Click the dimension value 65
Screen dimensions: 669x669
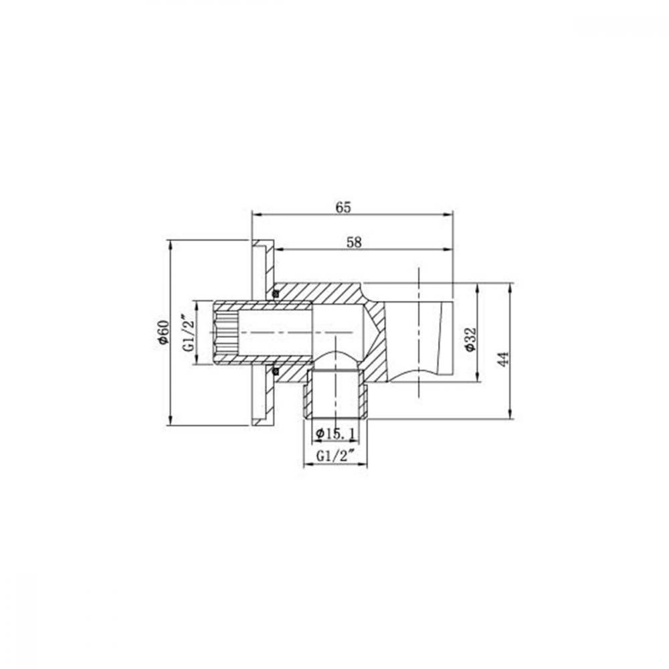click(x=343, y=207)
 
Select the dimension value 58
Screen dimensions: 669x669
click(x=354, y=242)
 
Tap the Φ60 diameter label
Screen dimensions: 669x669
click(x=163, y=332)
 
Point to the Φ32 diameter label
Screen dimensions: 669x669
click(x=470, y=340)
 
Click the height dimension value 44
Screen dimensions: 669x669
click(x=504, y=359)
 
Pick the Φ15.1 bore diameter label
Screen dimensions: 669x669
click(x=335, y=434)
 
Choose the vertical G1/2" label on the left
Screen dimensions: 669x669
click(x=189, y=333)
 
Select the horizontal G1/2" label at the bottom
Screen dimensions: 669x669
click(x=336, y=456)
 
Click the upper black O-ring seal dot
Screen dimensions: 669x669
click(x=276, y=294)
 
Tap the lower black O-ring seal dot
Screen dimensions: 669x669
click(x=276, y=370)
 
